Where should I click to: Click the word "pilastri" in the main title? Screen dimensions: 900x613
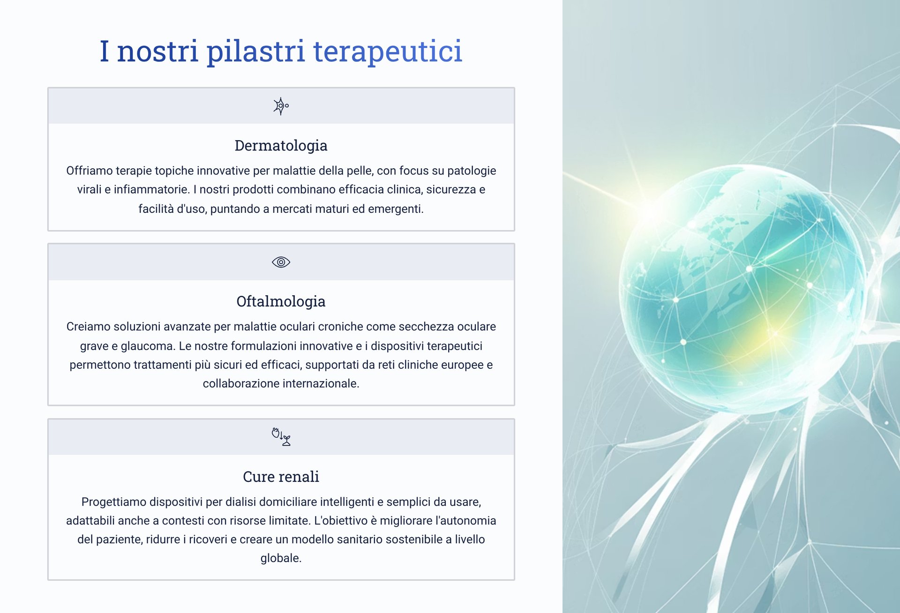256,52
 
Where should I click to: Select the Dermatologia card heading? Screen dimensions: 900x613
281,146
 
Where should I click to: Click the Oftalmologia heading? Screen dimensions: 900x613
281,301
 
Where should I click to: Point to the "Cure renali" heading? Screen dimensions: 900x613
281,477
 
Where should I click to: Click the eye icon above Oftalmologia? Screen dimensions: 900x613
281,262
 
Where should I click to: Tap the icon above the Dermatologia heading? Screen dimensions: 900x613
281,106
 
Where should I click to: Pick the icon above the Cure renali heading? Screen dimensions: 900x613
281,437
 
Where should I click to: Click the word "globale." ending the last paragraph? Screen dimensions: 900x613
281,558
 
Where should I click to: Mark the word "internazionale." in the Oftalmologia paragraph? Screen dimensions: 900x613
321,383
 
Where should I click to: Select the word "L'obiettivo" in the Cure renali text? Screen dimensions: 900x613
344,521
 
